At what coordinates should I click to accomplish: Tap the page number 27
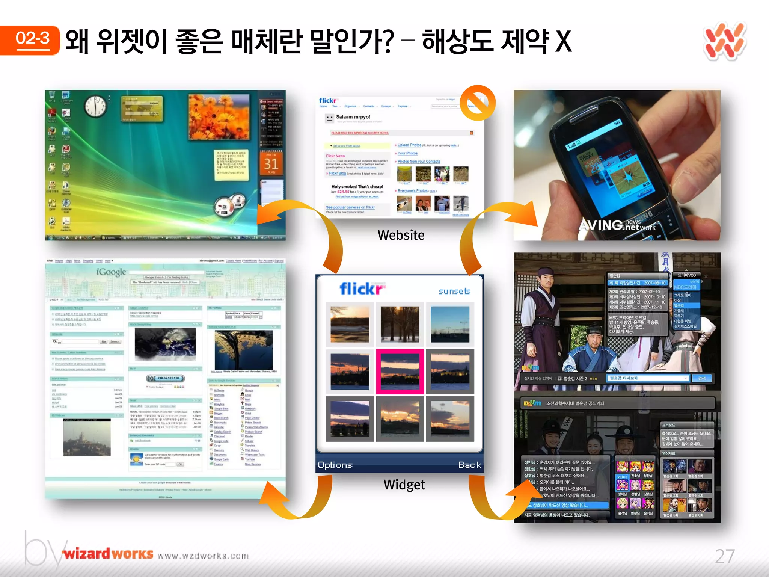coord(724,556)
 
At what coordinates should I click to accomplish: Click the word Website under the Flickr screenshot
coord(401,235)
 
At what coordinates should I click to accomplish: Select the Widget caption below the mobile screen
coord(404,485)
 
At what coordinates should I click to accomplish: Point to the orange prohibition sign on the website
coord(478,103)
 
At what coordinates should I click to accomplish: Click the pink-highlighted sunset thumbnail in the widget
coord(400,372)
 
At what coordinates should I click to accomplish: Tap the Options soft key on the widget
coord(335,465)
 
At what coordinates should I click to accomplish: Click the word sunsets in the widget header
coord(454,291)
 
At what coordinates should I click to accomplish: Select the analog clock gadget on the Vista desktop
coord(95,106)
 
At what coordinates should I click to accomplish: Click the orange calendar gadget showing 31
coord(271,163)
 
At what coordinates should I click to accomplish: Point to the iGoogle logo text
coord(111,272)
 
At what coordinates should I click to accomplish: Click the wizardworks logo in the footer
coord(108,554)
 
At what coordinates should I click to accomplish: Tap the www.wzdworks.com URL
coord(203,556)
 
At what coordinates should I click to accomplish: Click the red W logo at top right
coord(725,41)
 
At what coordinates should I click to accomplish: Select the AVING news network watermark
coord(617,225)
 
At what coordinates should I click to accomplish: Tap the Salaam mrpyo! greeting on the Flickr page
coord(353,117)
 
